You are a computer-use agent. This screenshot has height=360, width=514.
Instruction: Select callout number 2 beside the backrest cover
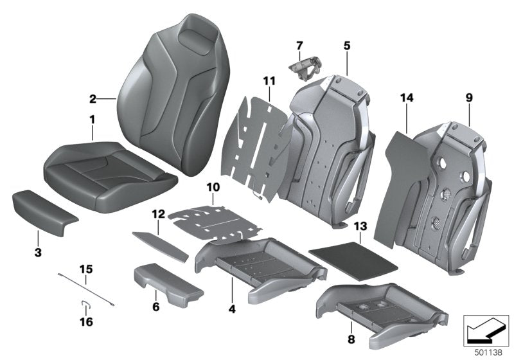pyautogui.click(x=93, y=99)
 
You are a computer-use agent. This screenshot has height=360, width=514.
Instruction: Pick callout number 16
pyautogui.click(x=86, y=321)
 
